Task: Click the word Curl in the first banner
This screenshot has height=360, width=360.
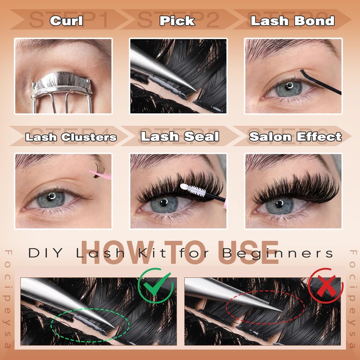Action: pos(67,21)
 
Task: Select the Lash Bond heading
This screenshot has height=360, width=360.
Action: pos(292,21)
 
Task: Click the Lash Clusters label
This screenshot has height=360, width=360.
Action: pos(71,137)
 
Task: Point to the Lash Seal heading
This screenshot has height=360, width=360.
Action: pos(180,137)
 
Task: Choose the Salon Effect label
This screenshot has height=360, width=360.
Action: pos(295,137)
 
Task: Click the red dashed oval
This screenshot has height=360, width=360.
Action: pos(265,309)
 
